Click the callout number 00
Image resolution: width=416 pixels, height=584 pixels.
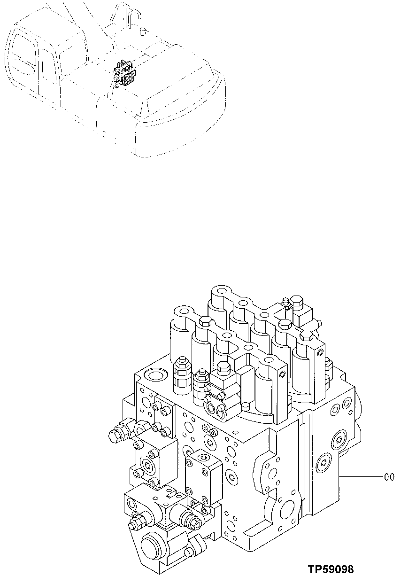[x=389, y=477]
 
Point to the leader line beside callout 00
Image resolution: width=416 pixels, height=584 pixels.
[x=362, y=477]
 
